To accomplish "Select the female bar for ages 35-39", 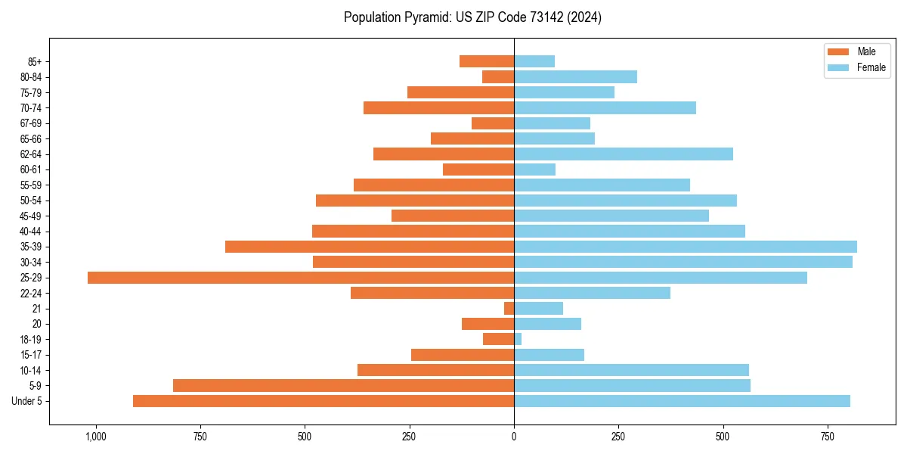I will tap(686, 247).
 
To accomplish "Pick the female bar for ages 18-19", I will tap(518, 339).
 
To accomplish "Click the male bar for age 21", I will tap(509, 309).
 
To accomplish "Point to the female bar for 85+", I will tap(534, 61).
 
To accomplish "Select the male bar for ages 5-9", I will tap(343, 386).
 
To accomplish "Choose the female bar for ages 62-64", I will tap(624, 154).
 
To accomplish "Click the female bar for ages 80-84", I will tap(575, 77).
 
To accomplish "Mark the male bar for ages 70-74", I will tap(438, 108).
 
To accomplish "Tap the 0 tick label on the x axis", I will tap(514, 437).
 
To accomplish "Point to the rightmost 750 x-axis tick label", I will tap(828, 437).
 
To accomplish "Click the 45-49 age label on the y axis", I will tap(31, 216).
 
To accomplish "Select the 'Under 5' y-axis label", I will tap(27, 401).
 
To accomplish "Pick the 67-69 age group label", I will tap(31, 123).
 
